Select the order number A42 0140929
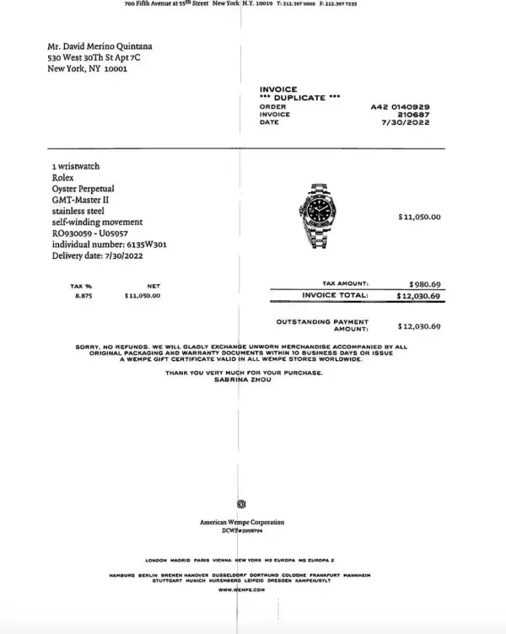[x=401, y=107]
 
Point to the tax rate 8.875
[x=82, y=297]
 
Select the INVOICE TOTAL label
[x=335, y=296]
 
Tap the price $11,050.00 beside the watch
[x=419, y=218]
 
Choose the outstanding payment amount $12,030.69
[x=418, y=325]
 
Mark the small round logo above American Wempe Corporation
[x=242, y=503]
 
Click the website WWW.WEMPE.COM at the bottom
[x=242, y=590]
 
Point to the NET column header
[x=153, y=287]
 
